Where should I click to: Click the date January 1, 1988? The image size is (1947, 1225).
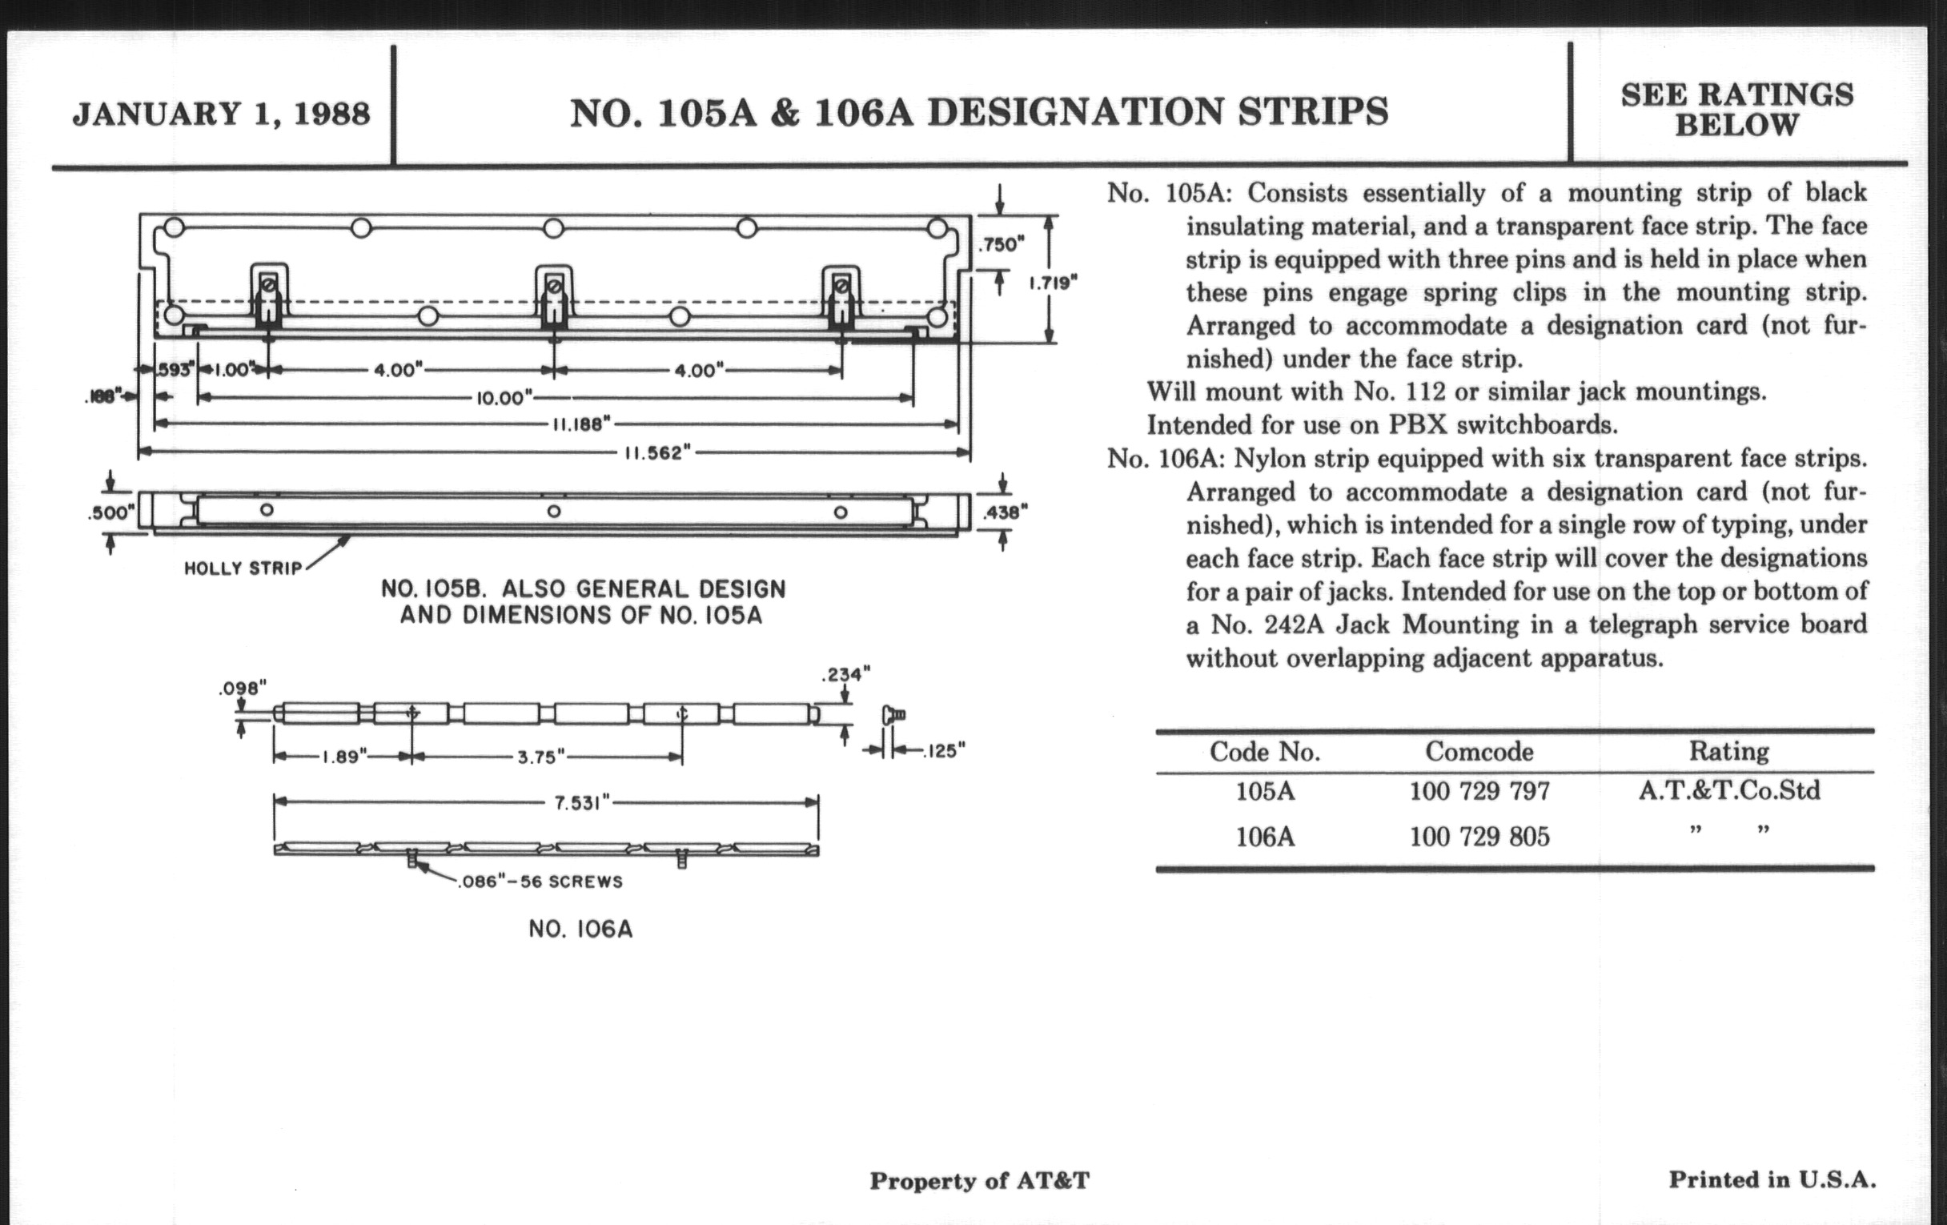pyautogui.click(x=221, y=114)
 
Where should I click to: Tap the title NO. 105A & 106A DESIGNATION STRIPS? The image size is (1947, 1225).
pyautogui.click(x=979, y=112)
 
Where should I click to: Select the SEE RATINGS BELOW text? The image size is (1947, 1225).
pyautogui.click(x=1736, y=110)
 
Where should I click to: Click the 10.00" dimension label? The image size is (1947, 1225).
pyautogui.click(x=504, y=398)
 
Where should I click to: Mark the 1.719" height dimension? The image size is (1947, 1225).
pyautogui.click(x=1053, y=283)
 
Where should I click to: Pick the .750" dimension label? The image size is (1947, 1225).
pyautogui.click(x=1001, y=244)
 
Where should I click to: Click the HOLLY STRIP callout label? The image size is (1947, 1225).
pyautogui.click(x=243, y=568)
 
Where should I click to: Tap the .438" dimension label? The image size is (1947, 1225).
pyautogui.click(x=1005, y=511)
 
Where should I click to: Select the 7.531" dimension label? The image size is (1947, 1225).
pyautogui.click(x=581, y=805)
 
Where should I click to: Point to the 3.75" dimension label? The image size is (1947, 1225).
pyautogui.click(x=541, y=757)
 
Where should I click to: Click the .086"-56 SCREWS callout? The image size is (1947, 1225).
pyautogui.click(x=540, y=882)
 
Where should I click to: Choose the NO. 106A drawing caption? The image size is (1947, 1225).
pyautogui.click(x=580, y=929)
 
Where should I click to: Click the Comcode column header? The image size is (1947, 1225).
pyautogui.click(x=1479, y=752)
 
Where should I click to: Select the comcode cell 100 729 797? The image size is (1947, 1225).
pyautogui.click(x=1479, y=791)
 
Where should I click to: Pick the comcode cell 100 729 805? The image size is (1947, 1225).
pyautogui.click(x=1479, y=836)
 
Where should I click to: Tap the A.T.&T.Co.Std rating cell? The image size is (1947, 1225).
pyautogui.click(x=1729, y=790)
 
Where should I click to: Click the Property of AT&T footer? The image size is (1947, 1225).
pyautogui.click(x=979, y=1181)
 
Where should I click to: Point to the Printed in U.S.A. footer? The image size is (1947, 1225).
pyautogui.click(x=1772, y=1179)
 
